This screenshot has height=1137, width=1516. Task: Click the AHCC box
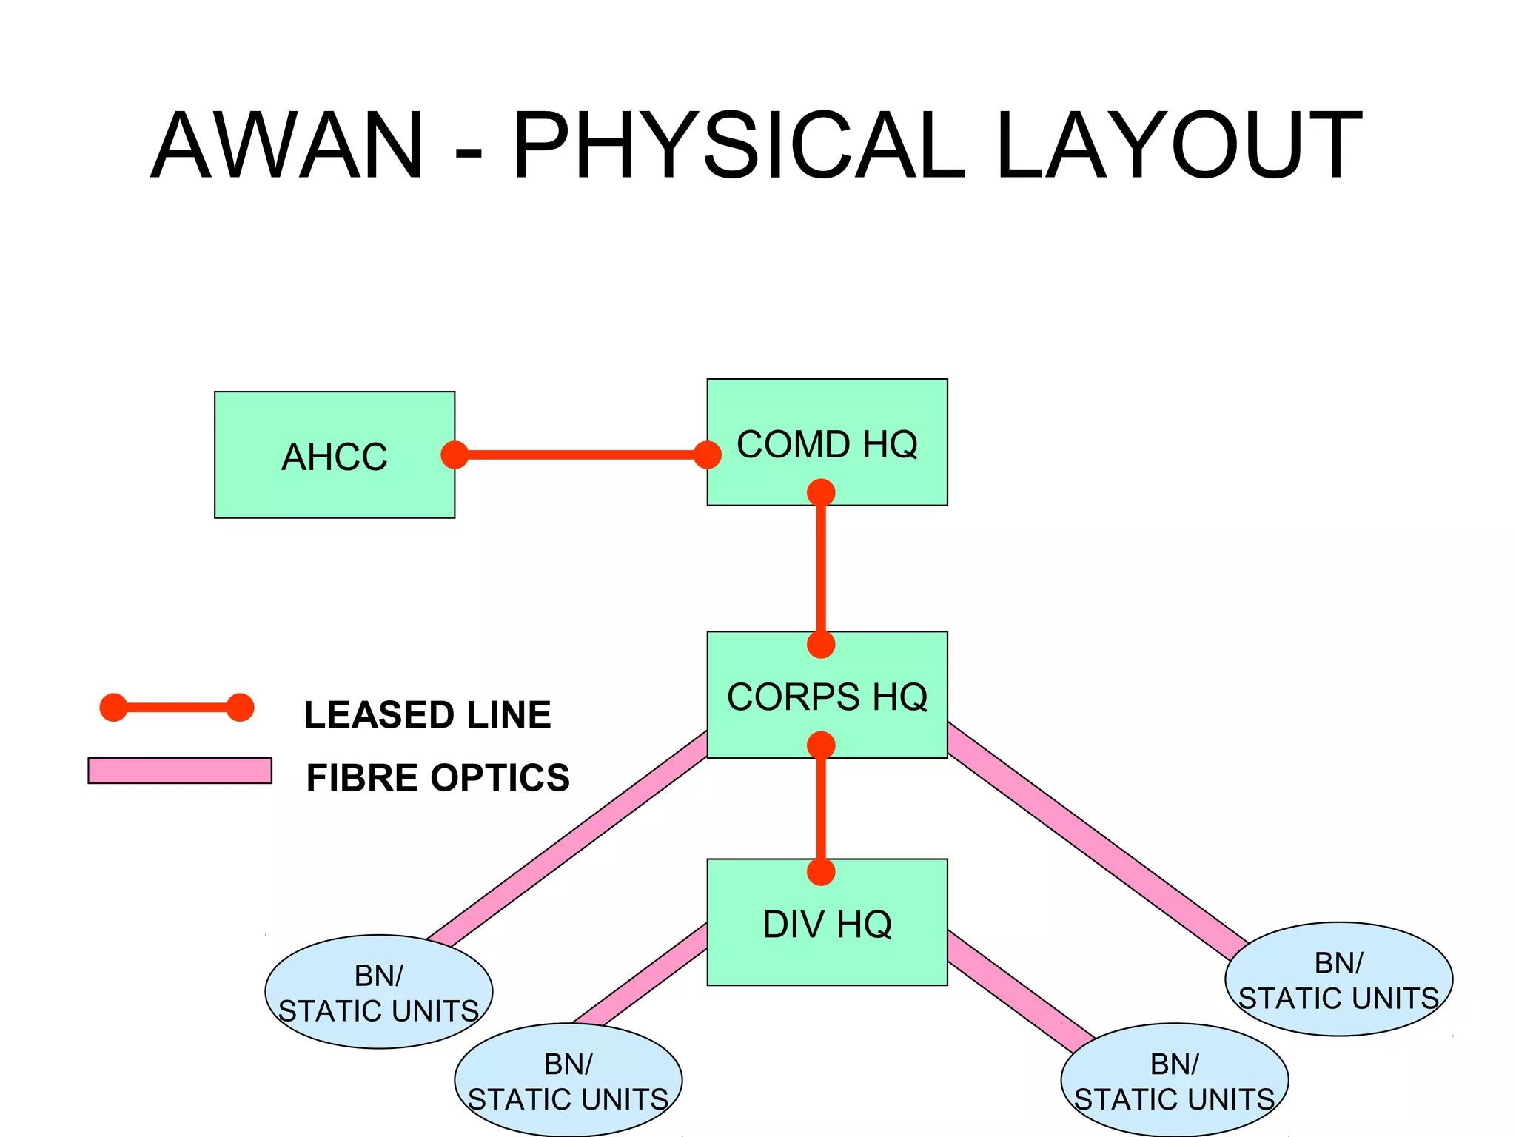coord(334,455)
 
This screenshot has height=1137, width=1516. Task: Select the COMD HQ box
coord(827,443)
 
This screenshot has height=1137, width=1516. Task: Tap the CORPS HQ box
coord(827,695)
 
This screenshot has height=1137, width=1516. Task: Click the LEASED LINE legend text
coord(427,715)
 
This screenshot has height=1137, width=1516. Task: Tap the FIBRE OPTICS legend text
coord(437,778)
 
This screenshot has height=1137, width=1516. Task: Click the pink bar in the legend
coord(180,771)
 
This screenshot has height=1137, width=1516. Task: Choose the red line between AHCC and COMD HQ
coord(581,455)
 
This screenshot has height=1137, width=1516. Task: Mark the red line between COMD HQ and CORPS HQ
coord(821,568)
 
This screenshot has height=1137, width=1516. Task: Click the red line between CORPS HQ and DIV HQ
coord(821,808)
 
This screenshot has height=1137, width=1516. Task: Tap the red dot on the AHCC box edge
coord(455,455)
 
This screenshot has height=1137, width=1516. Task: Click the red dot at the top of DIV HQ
coord(821,872)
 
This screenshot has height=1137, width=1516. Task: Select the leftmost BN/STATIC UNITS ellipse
coord(378,992)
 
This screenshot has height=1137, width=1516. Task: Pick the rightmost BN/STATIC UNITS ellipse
coord(1338,979)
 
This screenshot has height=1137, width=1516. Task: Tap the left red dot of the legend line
coord(113,708)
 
